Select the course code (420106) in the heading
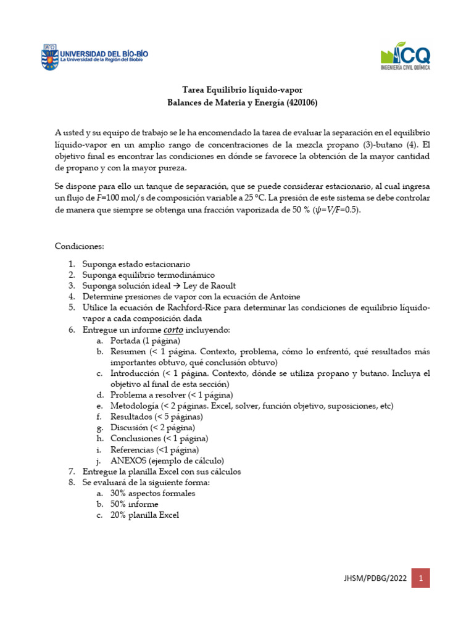[x=297, y=103]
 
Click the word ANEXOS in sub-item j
[x=127, y=460]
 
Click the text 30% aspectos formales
[x=152, y=493]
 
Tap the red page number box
[x=420, y=578]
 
